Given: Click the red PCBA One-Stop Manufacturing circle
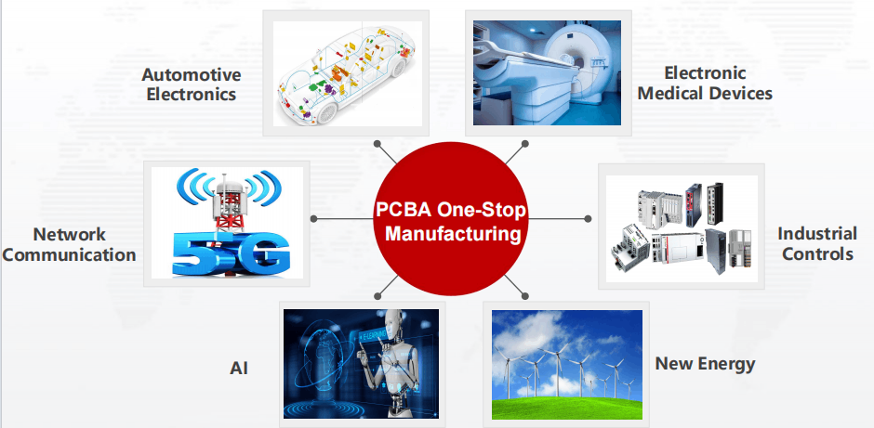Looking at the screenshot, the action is [x=450, y=219].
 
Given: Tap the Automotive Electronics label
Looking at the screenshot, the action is [x=192, y=84].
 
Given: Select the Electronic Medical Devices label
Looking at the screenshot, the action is [x=705, y=83].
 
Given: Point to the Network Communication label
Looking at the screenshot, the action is [x=69, y=244].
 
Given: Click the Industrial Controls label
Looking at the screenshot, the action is [x=817, y=243].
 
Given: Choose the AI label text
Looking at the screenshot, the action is [x=239, y=368].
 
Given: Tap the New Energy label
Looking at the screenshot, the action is [x=705, y=364].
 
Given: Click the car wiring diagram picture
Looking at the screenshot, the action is [x=347, y=73].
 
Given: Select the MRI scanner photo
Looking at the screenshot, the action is [x=547, y=73].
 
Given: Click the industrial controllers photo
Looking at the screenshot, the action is [x=682, y=228].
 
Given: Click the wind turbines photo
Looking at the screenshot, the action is [x=567, y=365].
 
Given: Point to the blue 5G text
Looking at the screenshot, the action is [x=232, y=253].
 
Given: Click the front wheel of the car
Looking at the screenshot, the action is [x=326, y=112].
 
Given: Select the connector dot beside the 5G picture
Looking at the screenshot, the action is [x=313, y=219].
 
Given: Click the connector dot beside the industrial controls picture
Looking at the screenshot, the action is [x=588, y=219].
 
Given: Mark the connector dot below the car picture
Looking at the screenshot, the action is [x=377, y=143].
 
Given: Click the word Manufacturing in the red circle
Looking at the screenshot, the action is [x=453, y=233].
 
